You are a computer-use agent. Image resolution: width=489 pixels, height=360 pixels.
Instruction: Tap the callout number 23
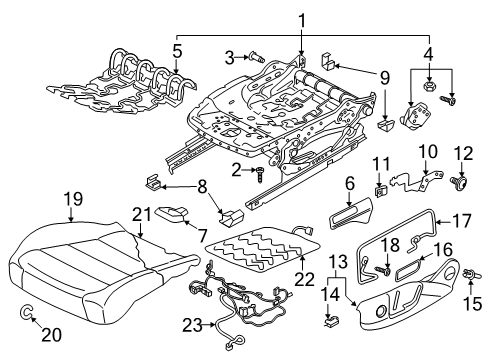click(x=192, y=325)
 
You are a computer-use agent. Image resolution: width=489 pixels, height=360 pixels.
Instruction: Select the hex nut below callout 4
click(x=428, y=87)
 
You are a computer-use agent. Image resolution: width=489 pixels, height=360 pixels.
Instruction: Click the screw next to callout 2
click(x=260, y=174)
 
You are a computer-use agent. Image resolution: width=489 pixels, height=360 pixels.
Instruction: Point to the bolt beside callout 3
click(x=257, y=58)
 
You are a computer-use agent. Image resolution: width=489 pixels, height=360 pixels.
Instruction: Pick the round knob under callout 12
click(x=460, y=182)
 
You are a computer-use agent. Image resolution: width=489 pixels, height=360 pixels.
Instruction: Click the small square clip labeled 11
click(x=379, y=192)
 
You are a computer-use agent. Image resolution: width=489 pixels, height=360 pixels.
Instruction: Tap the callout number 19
click(x=73, y=199)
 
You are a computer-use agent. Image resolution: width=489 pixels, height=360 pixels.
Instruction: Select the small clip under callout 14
click(x=331, y=321)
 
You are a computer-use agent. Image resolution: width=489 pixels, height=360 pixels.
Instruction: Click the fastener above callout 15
click(x=471, y=275)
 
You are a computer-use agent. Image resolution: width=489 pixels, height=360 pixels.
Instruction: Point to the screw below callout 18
click(x=383, y=270)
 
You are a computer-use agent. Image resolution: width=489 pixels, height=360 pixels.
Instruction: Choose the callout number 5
click(x=177, y=52)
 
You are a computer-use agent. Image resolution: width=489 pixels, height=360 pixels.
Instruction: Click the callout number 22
click(x=304, y=279)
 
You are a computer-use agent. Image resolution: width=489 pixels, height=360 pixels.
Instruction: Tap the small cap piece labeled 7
click(x=172, y=213)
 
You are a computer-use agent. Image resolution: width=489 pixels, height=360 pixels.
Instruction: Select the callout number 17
click(x=461, y=221)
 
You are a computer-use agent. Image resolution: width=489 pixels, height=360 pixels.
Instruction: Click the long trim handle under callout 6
click(x=350, y=213)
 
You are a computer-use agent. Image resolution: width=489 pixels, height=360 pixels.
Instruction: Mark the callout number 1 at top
click(x=301, y=21)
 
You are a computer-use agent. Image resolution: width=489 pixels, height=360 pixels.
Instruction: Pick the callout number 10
click(x=428, y=151)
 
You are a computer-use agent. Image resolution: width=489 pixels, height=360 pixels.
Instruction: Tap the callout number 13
click(x=337, y=262)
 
